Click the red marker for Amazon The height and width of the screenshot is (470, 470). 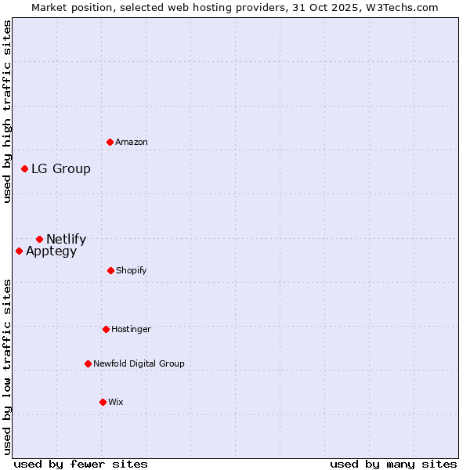coord(110,142)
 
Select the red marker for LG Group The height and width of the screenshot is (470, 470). coord(25,168)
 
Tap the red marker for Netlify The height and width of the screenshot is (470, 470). coord(39,239)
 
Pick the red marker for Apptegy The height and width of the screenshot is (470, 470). coord(19,251)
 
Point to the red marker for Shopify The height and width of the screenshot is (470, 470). coord(110,270)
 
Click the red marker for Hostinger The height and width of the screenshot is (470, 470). coord(106,329)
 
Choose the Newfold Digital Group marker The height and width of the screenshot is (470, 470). coord(88,363)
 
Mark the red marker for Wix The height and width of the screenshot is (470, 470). coord(103,402)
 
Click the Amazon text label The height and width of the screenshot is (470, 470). coord(132,142)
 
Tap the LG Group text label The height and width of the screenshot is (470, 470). coord(61,168)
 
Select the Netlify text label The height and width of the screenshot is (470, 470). coord(67,239)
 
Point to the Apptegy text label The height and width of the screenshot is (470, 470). coord(52,251)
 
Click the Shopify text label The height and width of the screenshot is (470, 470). coord(132,270)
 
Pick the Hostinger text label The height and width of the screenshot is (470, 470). coord(131,329)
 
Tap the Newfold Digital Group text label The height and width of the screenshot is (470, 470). coord(139,363)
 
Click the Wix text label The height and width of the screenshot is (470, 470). coord(116,402)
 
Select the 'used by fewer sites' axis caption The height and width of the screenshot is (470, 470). coord(81,464)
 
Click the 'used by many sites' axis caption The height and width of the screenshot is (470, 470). coord(393,464)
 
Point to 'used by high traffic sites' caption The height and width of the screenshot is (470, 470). coord(7,111)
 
